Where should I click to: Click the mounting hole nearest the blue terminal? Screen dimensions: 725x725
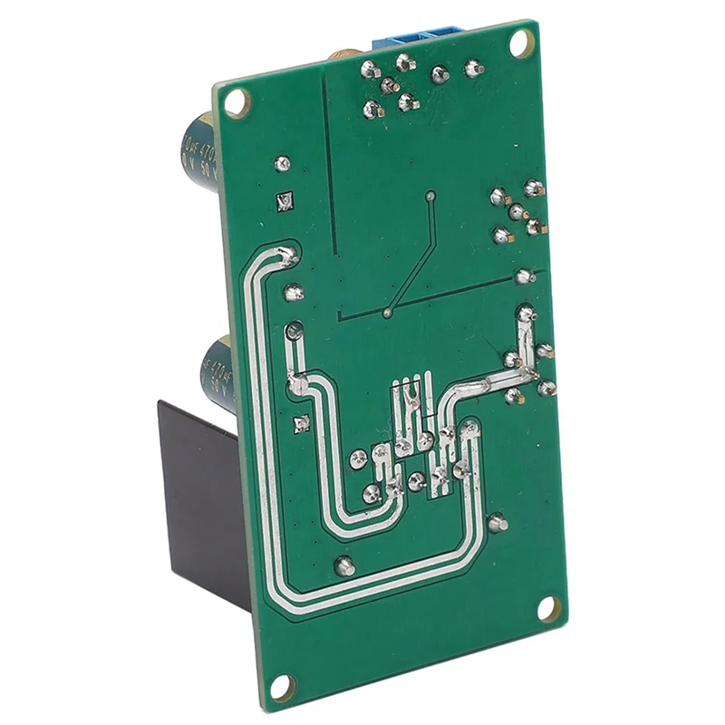[521, 42]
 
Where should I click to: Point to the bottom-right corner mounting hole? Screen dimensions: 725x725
[548, 608]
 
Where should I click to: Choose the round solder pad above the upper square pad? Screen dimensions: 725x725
[283, 164]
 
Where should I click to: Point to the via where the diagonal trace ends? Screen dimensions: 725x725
[387, 314]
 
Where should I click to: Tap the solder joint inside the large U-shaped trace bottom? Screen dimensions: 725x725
[344, 566]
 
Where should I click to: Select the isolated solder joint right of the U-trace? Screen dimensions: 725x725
[497, 523]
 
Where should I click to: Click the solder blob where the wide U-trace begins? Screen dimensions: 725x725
[288, 256]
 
